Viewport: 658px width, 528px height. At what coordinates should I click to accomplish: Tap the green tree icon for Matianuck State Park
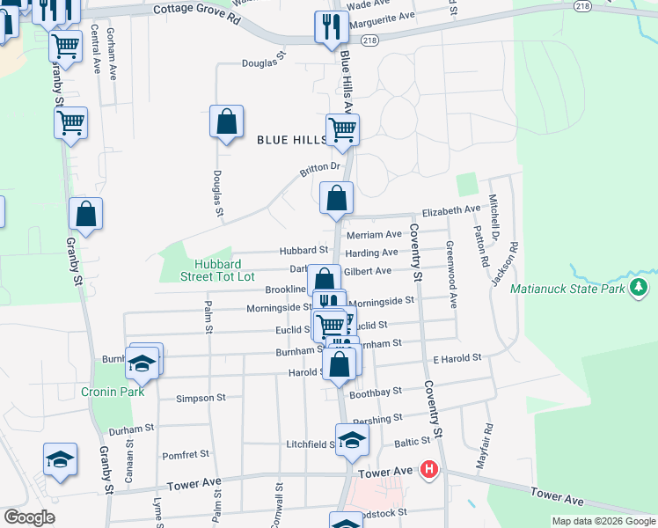click(640, 287)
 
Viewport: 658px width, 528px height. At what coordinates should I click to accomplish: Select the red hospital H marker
click(428, 470)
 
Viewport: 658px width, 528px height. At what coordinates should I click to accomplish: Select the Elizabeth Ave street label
click(451, 210)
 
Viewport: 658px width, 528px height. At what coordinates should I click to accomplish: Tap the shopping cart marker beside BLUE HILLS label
click(342, 130)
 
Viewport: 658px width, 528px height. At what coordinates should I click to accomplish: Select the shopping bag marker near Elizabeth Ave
click(336, 198)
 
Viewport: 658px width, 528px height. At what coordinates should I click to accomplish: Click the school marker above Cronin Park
click(142, 362)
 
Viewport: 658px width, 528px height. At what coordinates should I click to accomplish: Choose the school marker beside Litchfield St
click(352, 441)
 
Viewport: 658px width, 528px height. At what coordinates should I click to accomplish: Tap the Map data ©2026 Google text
click(603, 521)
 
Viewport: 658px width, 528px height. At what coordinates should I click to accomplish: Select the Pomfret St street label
click(186, 455)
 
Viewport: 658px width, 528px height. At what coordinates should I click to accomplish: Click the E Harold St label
click(457, 358)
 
